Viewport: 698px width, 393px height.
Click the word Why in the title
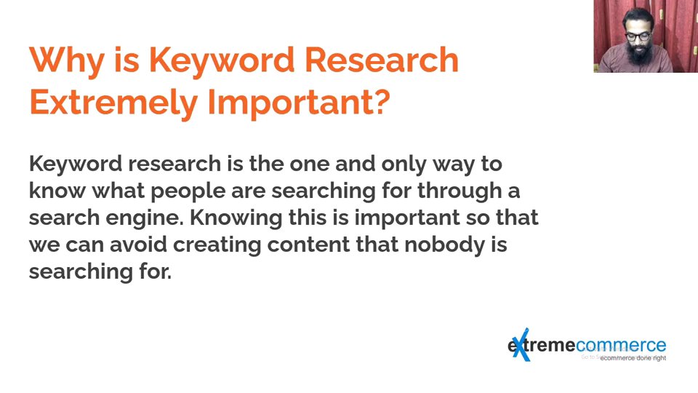tap(67, 61)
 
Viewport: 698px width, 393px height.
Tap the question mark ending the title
tap(380, 101)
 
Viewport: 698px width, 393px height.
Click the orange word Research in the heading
tap(382, 60)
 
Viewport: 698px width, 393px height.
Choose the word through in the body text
tap(460, 191)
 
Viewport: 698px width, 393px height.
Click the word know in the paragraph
tap(57, 191)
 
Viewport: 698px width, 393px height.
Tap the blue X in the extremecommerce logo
tap(521, 344)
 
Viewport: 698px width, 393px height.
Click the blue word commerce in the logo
tap(621, 345)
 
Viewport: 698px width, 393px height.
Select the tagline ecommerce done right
tap(633, 358)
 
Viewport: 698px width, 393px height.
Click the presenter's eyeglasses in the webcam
tap(638, 36)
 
